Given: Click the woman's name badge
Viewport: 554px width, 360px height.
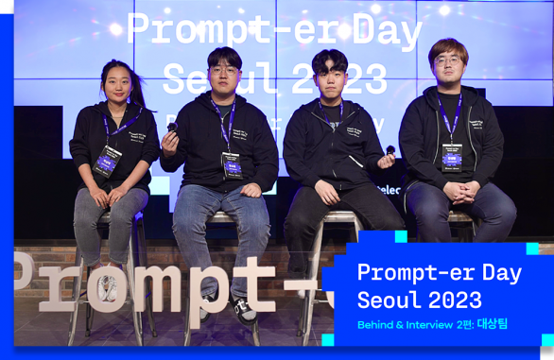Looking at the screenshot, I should point(107,162).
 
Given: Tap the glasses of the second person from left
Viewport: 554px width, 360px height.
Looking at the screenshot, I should point(223,71).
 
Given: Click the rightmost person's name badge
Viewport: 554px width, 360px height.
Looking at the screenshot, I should point(452,157).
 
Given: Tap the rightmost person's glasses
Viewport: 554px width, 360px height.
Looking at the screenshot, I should point(447,61).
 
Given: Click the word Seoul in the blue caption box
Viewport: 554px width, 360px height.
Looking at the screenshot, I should point(386,300).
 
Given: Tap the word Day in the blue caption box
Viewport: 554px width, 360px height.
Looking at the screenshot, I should point(502,274).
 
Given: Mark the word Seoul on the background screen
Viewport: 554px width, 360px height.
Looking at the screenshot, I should point(209,79).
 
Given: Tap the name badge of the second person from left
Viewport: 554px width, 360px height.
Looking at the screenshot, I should point(231,163).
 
